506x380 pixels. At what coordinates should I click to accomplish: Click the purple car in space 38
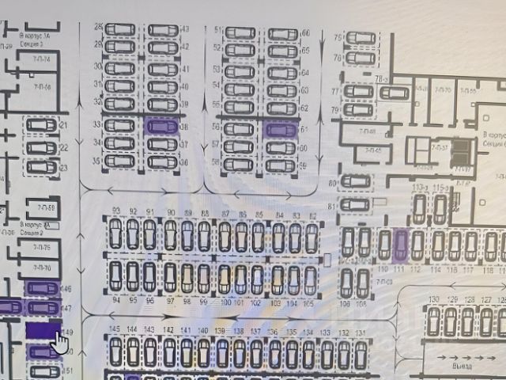[162, 126]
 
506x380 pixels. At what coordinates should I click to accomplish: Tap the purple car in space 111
[401, 245]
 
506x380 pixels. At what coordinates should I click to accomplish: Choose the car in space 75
[359, 38]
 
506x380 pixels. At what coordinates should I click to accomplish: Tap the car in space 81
[354, 206]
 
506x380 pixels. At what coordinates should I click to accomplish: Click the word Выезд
[456, 367]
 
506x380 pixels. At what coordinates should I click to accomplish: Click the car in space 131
[361, 353]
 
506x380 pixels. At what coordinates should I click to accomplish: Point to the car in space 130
[432, 321]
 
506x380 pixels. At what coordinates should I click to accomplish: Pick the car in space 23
[41, 167]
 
